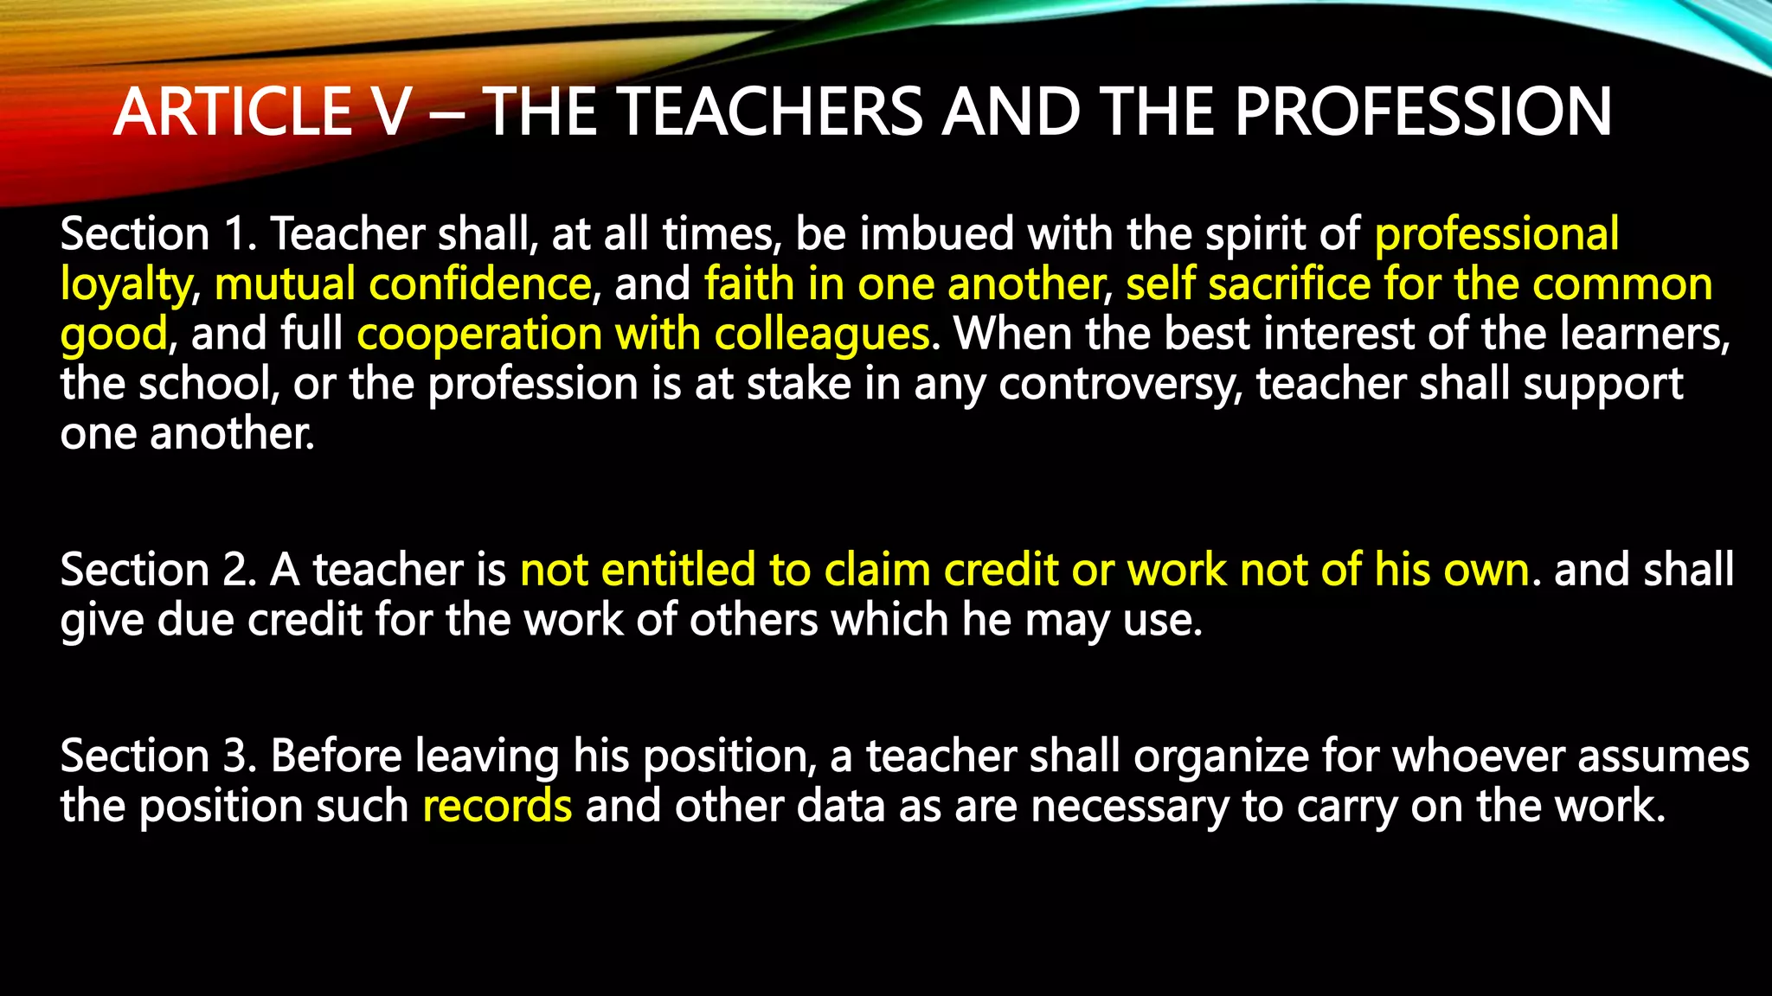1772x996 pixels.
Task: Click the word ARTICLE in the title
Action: [234, 112]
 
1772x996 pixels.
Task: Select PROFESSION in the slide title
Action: [1422, 112]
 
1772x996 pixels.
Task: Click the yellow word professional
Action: [1496, 234]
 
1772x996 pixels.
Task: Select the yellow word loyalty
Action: [126, 286]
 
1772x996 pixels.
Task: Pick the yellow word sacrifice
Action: [1289, 284]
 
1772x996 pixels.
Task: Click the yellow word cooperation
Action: [479, 335]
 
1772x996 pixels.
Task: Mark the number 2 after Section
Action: [235, 571]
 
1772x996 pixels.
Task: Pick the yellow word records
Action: [498, 807]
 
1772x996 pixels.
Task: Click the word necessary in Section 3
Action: [1130, 807]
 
